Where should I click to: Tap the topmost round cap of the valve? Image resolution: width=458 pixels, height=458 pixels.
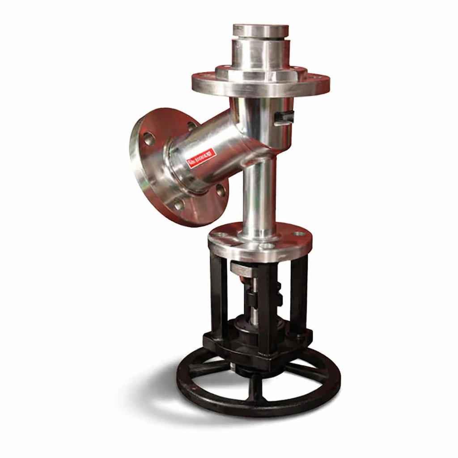[261, 30]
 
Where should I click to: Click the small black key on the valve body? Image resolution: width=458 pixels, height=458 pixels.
[284, 117]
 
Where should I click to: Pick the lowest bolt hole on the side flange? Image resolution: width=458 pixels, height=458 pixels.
[179, 205]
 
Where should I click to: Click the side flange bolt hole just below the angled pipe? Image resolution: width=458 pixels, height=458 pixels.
[221, 191]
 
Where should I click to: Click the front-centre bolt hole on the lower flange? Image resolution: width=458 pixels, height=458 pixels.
[267, 246]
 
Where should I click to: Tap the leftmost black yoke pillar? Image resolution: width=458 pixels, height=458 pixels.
[219, 295]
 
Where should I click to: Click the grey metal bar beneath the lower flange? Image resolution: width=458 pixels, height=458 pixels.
[244, 269]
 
